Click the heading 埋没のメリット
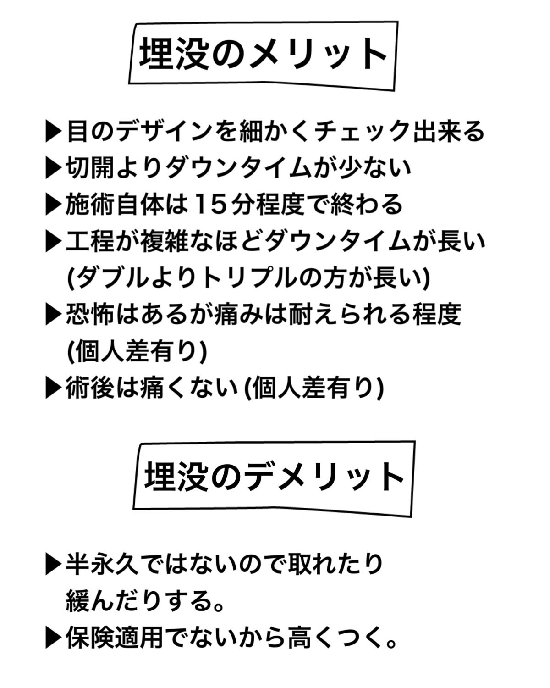[x=263, y=54]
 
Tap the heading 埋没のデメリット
[x=274, y=477]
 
